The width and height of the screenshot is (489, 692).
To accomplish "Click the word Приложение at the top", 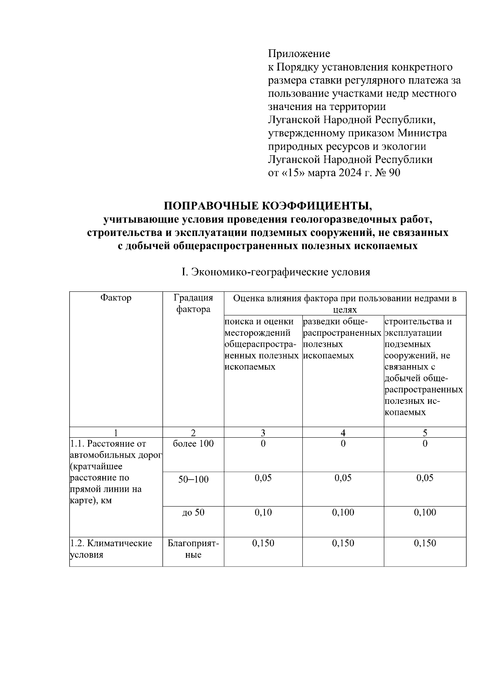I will (299, 54).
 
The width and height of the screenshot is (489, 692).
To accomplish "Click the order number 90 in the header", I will (394, 173).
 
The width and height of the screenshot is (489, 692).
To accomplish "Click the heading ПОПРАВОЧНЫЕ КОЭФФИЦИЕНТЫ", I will (267, 205).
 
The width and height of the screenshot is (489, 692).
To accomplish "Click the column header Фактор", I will (116, 298).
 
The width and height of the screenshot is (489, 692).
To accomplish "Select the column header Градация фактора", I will (193, 303).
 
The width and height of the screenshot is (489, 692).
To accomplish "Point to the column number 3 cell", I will (263, 432).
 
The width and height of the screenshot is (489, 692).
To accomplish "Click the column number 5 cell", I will (425, 432).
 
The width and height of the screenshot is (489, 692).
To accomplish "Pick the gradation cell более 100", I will (193, 443).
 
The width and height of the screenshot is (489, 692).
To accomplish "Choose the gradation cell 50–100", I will (193, 479).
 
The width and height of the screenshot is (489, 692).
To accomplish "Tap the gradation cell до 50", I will (193, 513).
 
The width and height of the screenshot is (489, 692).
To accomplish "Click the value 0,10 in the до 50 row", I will (263, 513).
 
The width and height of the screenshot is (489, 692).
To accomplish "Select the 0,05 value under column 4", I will (343, 478).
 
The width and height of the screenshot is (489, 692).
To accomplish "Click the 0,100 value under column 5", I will (425, 513).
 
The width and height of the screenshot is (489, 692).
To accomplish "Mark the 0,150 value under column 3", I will (263, 543).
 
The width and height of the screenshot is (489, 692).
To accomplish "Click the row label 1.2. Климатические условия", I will (111, 549).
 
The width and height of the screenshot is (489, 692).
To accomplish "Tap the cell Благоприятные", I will (193, 549).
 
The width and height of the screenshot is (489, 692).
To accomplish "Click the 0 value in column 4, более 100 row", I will (343, 443).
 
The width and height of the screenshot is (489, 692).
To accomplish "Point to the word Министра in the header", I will (422, 133).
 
